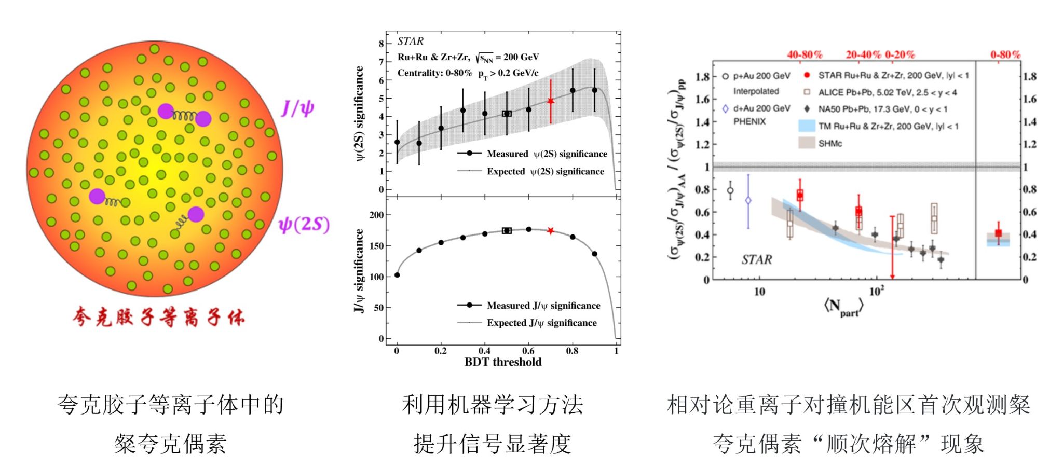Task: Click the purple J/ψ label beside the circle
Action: pyautogui.click(x=297, y=108)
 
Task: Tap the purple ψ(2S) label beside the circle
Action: pyautogui.click(x=304, y=224)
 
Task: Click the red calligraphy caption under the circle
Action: pyautogui.click(x=158, y=316)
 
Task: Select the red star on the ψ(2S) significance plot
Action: pyautogui.click(x=551, y=101)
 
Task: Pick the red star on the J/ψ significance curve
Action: pyautogui.click(x=551, y=230)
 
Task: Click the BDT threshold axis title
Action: pyautogui.click(x=502, y=362)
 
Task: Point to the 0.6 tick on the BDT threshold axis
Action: pyautogui.click(x=528, y=351)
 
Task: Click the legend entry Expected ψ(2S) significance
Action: pyautogui.click(x=545, y=171)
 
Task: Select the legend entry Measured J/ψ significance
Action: pyautogui.click(x=543, y=306)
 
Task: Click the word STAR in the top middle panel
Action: pyautogui.click(x=410, y=41)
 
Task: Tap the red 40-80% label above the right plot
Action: pyautogui.click(x=805, y=54)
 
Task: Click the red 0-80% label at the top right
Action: pyautogui.click(x=1005, y=54)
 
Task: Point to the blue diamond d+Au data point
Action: pyautogui.click(x=748, y=200)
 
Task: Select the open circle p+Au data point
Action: pyautogui.click(x=730, y=190)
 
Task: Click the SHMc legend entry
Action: pyautogui.click(x=829, y=143)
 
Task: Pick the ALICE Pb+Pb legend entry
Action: pyautogui.click(x=887, y=92)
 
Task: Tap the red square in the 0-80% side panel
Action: pyautogui.click(x=998, y=233)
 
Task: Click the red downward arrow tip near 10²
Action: pyautogui.click(x=892, y=277)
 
